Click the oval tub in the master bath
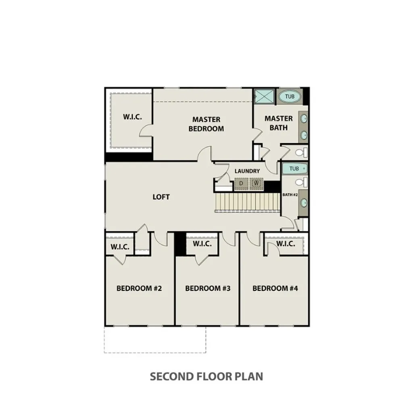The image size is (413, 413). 292,97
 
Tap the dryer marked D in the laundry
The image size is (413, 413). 241,184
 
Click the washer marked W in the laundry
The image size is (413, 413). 256,184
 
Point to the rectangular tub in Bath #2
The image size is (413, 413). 294,169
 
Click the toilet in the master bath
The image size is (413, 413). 300,152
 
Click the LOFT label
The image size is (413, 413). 161,197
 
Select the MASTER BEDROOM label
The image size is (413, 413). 206,124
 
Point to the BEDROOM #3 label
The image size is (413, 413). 208,288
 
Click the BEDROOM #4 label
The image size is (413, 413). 275,288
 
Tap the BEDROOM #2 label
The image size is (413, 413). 139,288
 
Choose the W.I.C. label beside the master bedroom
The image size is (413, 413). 132,117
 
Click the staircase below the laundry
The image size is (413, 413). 247,201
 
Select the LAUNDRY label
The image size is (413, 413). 247,171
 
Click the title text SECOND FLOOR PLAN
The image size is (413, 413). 206,376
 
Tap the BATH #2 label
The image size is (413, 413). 290,195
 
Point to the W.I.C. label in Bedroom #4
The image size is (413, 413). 286,244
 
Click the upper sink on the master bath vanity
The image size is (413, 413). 304,119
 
